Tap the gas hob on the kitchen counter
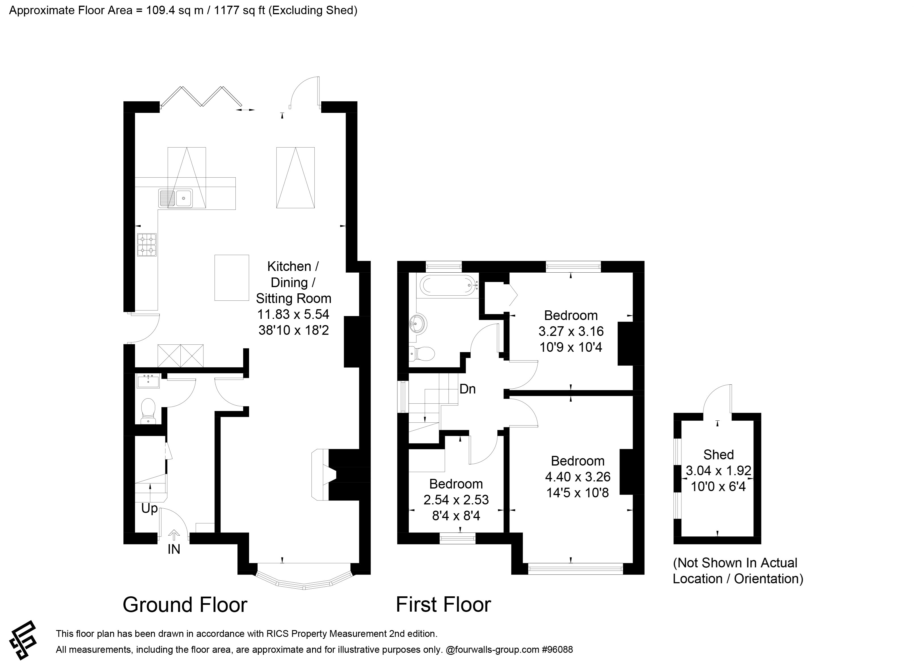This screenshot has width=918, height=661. coord(147,245)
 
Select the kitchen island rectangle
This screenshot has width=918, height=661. coord(231,278)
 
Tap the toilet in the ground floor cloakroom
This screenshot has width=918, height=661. coord(148,411)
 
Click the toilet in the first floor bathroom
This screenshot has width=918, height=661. coord(422,353)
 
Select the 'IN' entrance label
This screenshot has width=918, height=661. coord(174,549)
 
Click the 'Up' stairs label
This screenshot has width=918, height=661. coord(149,508)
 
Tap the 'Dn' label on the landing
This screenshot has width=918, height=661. coord(468,389)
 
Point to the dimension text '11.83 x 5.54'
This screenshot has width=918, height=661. coord(293,314)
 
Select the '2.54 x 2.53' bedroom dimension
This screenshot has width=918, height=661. coord(456,500)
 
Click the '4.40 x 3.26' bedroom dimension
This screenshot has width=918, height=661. coord(578,477)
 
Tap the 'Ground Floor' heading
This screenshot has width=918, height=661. coord(185,605)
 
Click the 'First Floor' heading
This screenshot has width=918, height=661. coord(443,605)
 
